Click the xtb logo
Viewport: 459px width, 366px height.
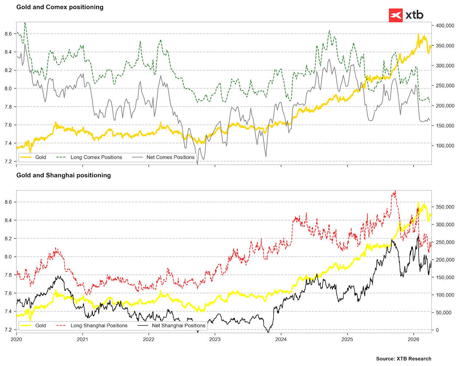coord(406,15)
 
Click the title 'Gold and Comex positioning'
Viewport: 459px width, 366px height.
coord(60,7)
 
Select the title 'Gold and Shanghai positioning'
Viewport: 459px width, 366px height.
coord(63,175)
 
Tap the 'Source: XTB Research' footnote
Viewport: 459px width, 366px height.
coord(403,359)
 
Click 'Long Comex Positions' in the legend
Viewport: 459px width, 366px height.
coord(96,157)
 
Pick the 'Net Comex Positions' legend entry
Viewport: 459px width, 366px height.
coord(170,157)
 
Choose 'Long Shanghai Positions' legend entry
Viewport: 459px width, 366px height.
coord(99,326)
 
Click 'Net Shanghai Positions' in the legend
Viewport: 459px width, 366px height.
coord(178,326)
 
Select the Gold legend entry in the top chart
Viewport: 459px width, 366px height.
coord(40,157)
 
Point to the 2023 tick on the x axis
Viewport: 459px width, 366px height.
coord(215,339)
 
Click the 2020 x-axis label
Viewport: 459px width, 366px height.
coord(16,339)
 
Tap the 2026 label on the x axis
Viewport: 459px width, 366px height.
coord(414,339)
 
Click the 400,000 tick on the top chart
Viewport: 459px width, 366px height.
coord(444,25)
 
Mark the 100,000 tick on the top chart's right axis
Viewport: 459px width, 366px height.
coord(444,146)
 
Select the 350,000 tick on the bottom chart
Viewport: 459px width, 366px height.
coord(444,207)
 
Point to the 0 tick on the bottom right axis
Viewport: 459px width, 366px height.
coord(438,330)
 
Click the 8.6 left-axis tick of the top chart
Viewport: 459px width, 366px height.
coord(8,34)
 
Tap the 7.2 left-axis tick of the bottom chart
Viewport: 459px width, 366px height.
coord(8,330)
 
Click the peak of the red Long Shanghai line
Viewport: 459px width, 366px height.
coord(395,191)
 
